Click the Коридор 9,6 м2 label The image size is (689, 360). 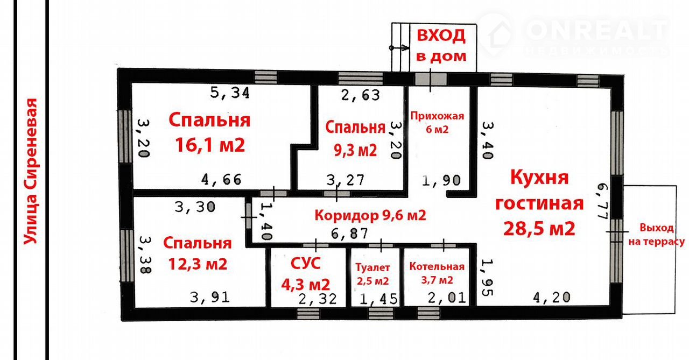click(x=370, y=215)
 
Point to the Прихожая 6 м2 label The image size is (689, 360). click(x=437, y=122)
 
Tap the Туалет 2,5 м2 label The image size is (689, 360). click(x=373, y=274)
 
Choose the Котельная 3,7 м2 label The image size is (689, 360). click(x=437, y=273)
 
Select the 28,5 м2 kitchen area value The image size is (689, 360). click(x=539, y=229)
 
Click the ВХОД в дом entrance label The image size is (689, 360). click(x=441, y=46)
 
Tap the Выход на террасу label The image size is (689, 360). click(x=656, y=235)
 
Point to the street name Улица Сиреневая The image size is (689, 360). click(x=31, y=171)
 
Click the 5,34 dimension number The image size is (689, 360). click(x=230, y=93)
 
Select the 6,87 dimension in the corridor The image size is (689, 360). click(x=349, y=234)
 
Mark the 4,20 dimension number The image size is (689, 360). click(x=552, y=297)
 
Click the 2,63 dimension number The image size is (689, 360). click(x=361, y=95)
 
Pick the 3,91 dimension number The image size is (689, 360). click(x=210, y=297)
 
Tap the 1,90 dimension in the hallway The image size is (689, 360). click(x=441, y=180)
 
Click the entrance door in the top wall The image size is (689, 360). click(x=431, y=79)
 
